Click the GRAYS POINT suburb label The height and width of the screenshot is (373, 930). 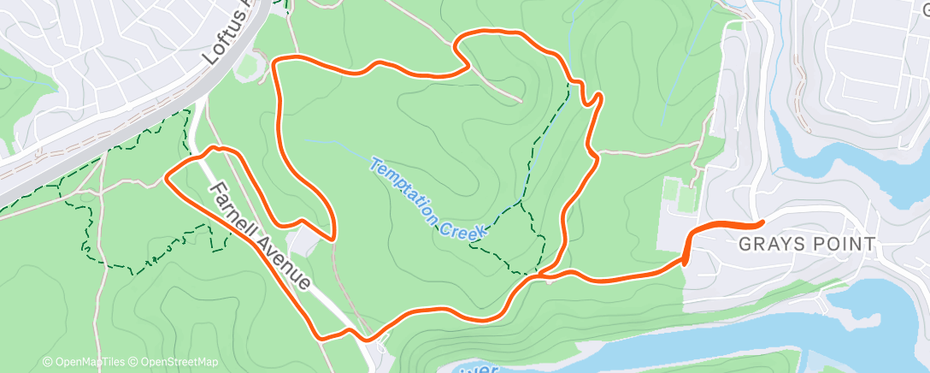point(807,245)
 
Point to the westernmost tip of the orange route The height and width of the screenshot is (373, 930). point(165,178)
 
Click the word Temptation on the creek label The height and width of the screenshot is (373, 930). point(405,180)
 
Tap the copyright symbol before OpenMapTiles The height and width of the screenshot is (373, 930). point(48,363)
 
